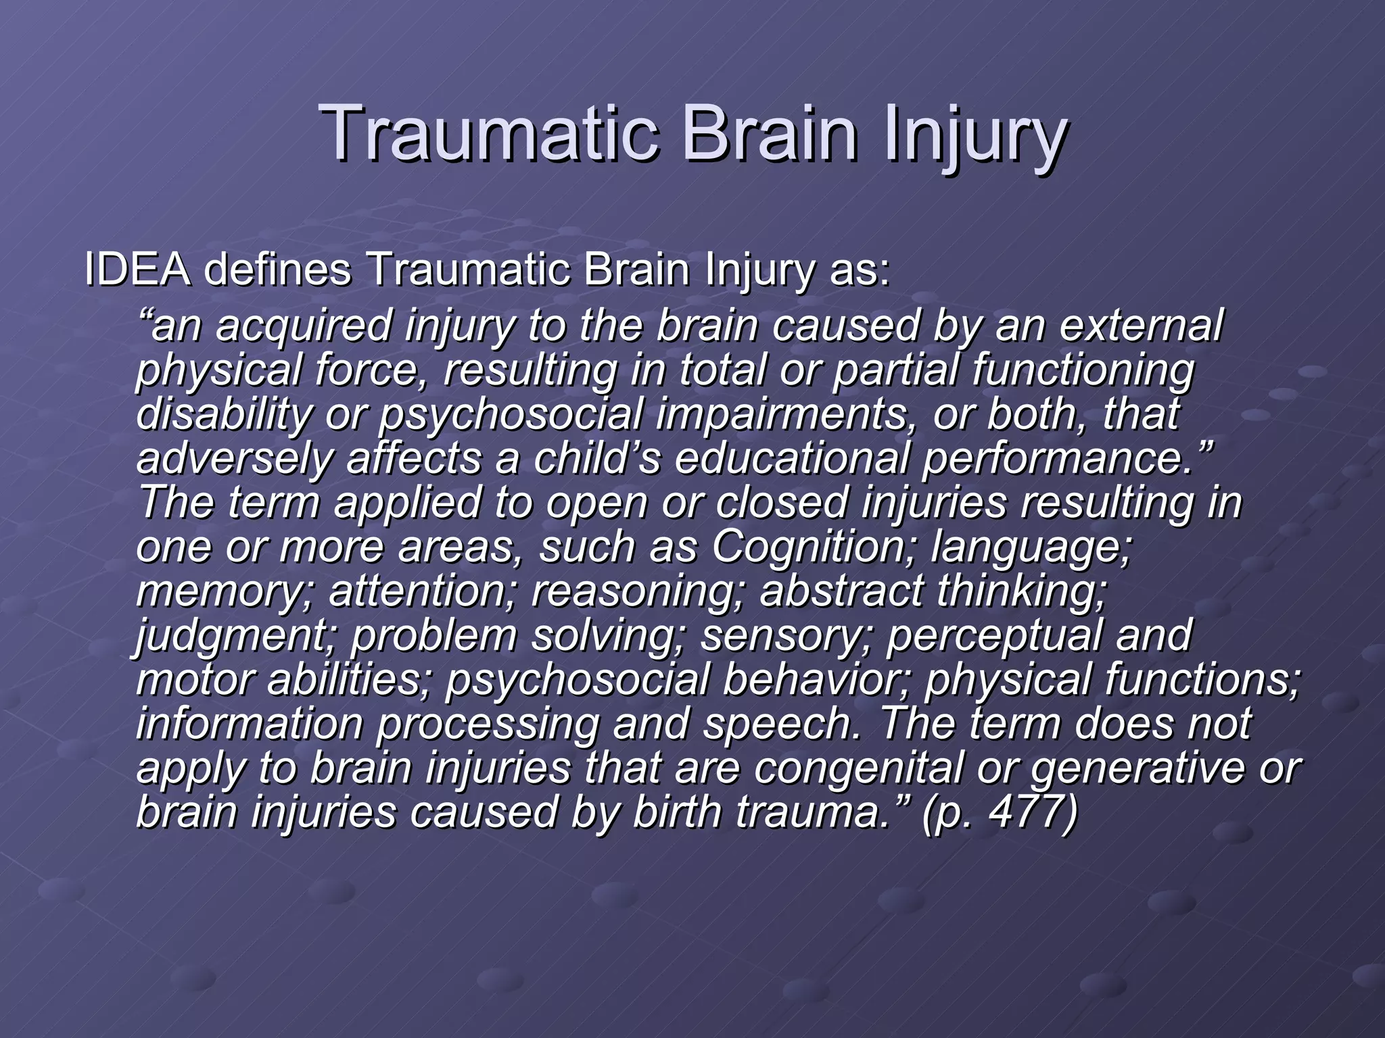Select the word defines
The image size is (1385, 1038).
pyautogui.click(x=277, y=270)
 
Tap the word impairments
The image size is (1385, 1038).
pyautogui.click(x=781, y=415)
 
